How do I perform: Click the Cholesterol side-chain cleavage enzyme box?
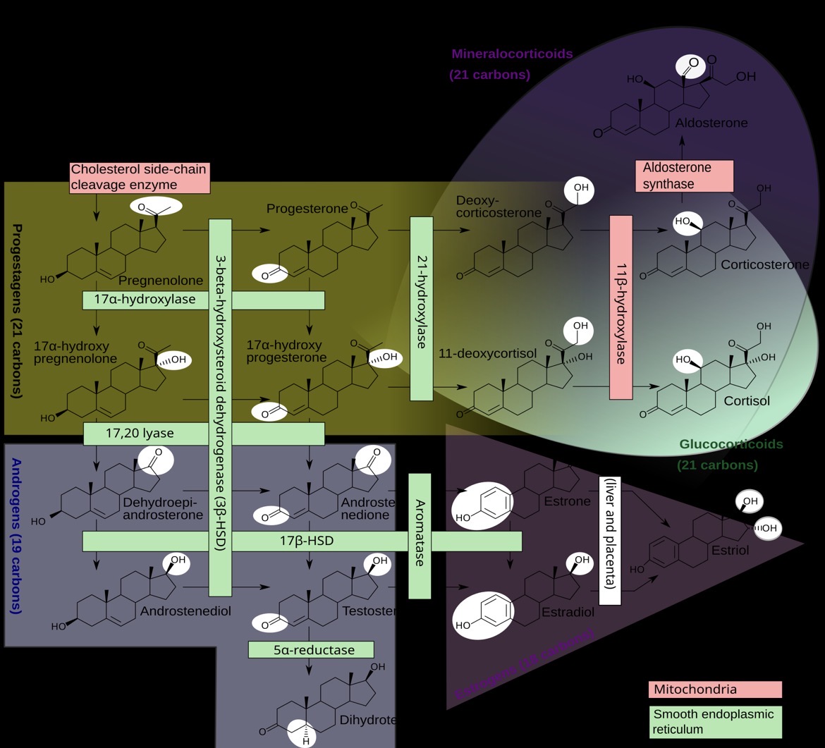(x=139, y=178)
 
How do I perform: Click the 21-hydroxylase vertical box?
(x=421, y=309)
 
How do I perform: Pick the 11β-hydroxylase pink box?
(x=621, y=308)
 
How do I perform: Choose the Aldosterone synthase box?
(x=684, y=176)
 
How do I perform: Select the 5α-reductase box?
(x=310, y=649)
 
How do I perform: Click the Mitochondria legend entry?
(x=714, y=689)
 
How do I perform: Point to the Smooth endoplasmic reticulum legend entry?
(x=714, y=722)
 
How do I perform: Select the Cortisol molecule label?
(x=747, y=401)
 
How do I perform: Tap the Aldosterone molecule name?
(x=711, y=123)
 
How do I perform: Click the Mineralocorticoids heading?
(x=512, y=54)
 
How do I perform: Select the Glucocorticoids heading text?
(x=731, y=445)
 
